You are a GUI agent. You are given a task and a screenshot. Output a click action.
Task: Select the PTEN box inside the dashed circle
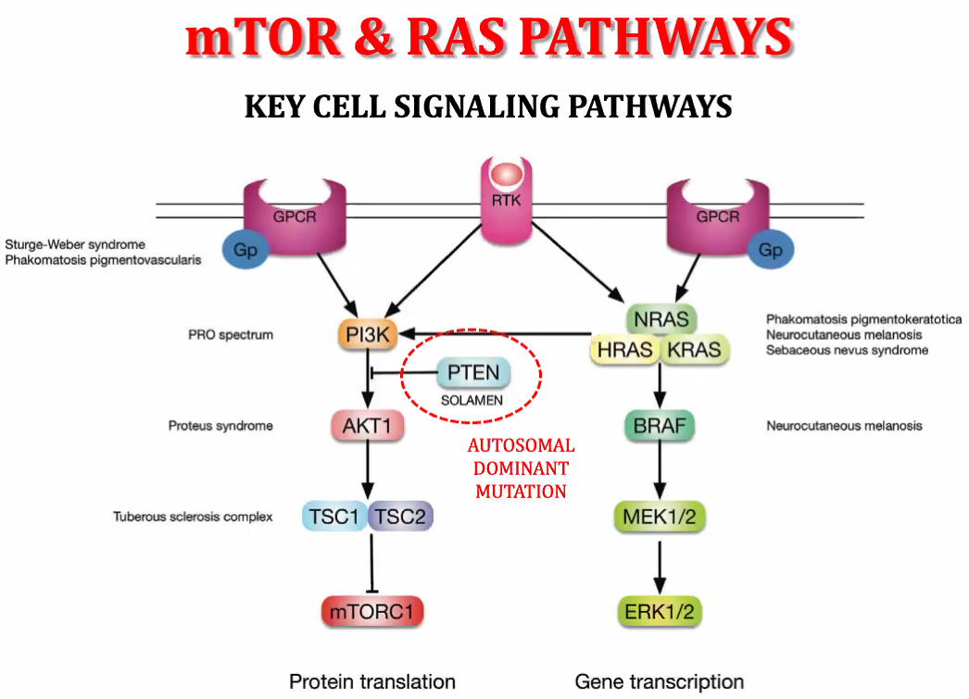point(472,373)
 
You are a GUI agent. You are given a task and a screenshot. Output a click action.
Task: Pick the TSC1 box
point(334,517)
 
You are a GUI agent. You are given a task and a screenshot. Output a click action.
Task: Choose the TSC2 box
point(400,517)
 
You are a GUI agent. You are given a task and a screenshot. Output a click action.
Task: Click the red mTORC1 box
point(372,611)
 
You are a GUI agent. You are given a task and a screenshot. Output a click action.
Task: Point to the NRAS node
point(661,320)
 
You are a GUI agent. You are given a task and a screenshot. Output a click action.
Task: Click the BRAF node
point(659,426)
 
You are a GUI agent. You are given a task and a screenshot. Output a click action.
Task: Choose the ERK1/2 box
point(659,611)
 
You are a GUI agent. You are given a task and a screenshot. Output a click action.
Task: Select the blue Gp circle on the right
point(770,251)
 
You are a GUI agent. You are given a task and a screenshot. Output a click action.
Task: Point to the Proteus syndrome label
point(220,426)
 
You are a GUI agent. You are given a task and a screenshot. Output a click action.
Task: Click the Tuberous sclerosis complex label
point(193,517)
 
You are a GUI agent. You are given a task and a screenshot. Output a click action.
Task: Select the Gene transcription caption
point(659,682)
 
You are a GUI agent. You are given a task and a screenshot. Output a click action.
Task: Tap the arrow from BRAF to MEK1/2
point(660,471)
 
